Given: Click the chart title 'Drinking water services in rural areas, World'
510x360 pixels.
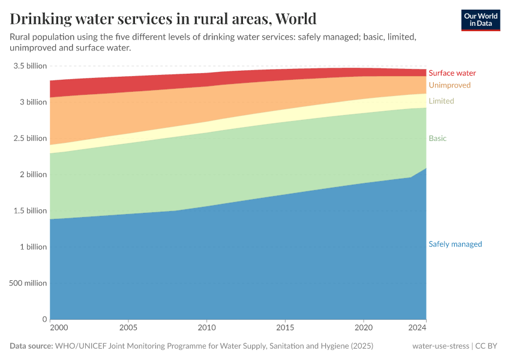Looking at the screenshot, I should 163,19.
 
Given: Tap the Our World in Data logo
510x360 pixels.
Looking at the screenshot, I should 480,20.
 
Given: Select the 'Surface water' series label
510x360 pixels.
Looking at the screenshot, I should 452,73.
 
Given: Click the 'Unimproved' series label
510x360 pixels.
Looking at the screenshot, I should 449,85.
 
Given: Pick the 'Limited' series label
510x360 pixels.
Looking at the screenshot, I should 441,101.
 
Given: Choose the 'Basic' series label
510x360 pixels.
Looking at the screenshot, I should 437,139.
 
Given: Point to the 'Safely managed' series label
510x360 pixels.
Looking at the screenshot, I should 455,244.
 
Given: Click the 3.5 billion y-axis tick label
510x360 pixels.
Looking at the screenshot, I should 28,66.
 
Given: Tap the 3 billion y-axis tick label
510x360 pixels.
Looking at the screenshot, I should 31,102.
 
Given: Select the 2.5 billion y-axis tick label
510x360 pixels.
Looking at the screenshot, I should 28,139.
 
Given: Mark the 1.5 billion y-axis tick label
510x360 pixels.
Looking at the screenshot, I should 28,211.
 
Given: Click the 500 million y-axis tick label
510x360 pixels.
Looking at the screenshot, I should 28,283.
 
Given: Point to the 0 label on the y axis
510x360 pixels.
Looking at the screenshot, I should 44,319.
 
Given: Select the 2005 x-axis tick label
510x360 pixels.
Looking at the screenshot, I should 128,328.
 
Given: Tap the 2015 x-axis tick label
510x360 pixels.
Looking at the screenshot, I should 285,328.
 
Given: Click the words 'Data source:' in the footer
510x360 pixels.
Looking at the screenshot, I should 31,346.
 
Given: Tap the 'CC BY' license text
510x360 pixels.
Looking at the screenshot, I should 488,346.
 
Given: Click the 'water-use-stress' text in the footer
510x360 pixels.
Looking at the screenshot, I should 441,346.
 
